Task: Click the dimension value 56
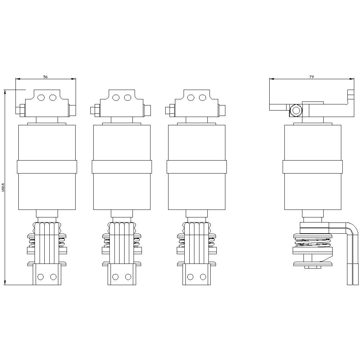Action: coord(45,77)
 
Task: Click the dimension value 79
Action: coord(312,77)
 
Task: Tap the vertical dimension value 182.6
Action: coord(3,187)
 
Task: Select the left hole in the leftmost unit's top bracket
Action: coord(41,98)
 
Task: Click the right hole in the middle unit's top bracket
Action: coord(127,98)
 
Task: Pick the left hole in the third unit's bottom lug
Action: coord(190,276)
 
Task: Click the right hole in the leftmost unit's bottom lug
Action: coord(53,276)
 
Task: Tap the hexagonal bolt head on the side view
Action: coord(296,110)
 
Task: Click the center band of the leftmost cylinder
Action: coord(47,167)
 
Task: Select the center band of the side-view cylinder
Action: coord(312,167)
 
